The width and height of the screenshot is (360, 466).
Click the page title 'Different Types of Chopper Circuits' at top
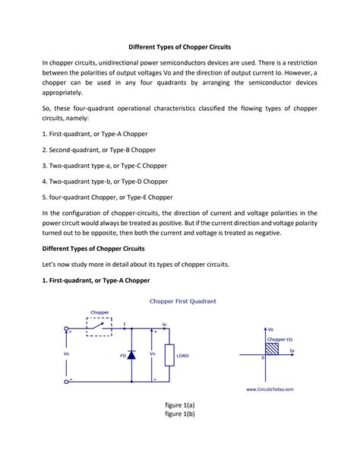(179, 46)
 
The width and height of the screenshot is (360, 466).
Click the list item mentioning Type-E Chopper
(107, 197)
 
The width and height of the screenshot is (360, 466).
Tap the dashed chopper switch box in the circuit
(99, 325)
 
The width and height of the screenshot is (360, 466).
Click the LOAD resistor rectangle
(182, 354)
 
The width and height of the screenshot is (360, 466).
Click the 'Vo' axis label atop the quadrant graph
(270, 330)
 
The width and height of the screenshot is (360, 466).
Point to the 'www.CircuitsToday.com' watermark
(270, 389)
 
